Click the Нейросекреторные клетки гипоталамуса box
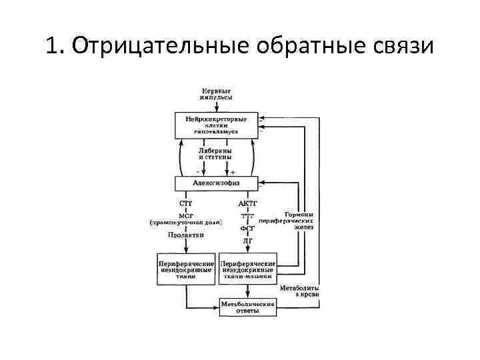pyautogui.click(x=216, y=126)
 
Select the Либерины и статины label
pyautogui.click(x=215, y=154)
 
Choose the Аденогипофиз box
pyautogui.click(x=216, y=183)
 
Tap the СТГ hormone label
pyautogui.click(x=187, y=203)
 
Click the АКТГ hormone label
pyautogui.click(x=247, y=203)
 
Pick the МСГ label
pyautogui.click(x=187, y=215)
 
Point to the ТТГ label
pyautogui.click(x=247, y=216)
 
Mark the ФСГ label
pyautogui.click(x=247, y=228)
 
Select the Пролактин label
pyautogui.click(x=186, y=235)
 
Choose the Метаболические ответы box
pyautogui.click(x=247, y=307)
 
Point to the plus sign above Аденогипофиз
pyautogui.click(x=232, y=171)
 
